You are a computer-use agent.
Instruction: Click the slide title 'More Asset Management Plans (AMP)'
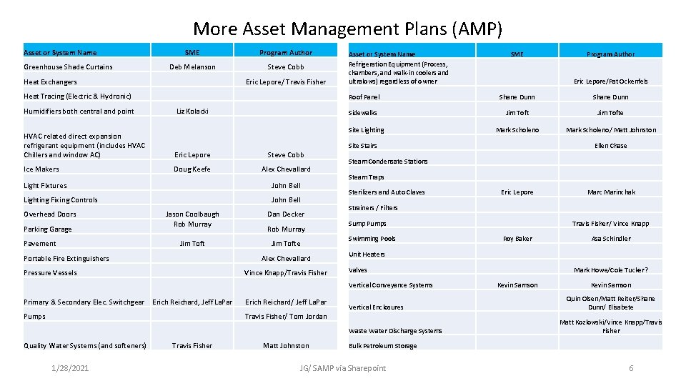coord(347,29)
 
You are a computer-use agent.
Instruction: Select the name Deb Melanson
coord(192,67)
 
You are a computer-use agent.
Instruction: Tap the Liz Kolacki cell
coord(192,112)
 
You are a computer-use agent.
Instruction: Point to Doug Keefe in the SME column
coord(192,169)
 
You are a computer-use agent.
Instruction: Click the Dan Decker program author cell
coord(286,214)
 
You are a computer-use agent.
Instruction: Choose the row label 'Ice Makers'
coord(41,169)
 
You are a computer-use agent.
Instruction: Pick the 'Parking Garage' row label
coord(48,229)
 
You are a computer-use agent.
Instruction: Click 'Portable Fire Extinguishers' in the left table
coord(66,259)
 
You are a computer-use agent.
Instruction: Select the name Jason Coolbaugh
coord(192,214)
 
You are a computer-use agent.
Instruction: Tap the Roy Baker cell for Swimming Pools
coord(517,239)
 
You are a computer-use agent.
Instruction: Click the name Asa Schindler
coord(611,239)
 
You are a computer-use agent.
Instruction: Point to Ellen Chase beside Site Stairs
coord(611,146)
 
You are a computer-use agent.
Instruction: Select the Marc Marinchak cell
coord(611,192)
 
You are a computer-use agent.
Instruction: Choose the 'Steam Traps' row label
coord(366,177)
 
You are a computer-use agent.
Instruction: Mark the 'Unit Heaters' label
coord(367,254)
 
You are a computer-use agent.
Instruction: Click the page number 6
coord(631,368)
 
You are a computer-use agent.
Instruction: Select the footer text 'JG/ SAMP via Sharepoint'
coord(343,368)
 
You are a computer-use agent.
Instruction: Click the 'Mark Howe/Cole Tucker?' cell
coord(611,270)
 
